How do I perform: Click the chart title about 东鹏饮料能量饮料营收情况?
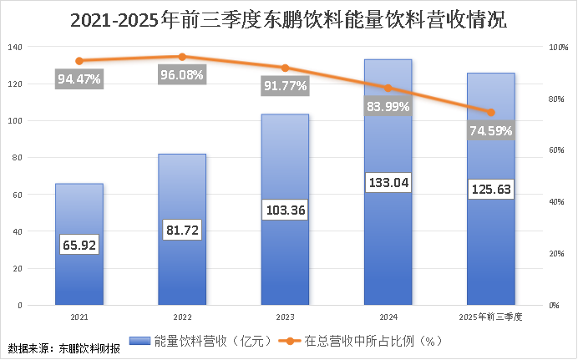click(288, 18)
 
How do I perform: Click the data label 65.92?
click(79, 246)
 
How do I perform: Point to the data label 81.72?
click(182, 227)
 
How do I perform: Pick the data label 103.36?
click(285, 208)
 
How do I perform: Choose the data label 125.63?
click(490, 189)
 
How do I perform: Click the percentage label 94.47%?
click(79, 80)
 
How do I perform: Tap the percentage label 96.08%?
click(182, 75)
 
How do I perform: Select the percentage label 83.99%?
click(388, 106)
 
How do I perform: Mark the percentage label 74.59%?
click(490, 131)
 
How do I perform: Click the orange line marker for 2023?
click(285, 68)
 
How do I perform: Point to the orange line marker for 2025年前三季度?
click(490, 112)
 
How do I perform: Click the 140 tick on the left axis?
click(15, 47)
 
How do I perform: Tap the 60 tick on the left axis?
click(17, 195)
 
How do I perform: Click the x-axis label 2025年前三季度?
click(490, 317)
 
